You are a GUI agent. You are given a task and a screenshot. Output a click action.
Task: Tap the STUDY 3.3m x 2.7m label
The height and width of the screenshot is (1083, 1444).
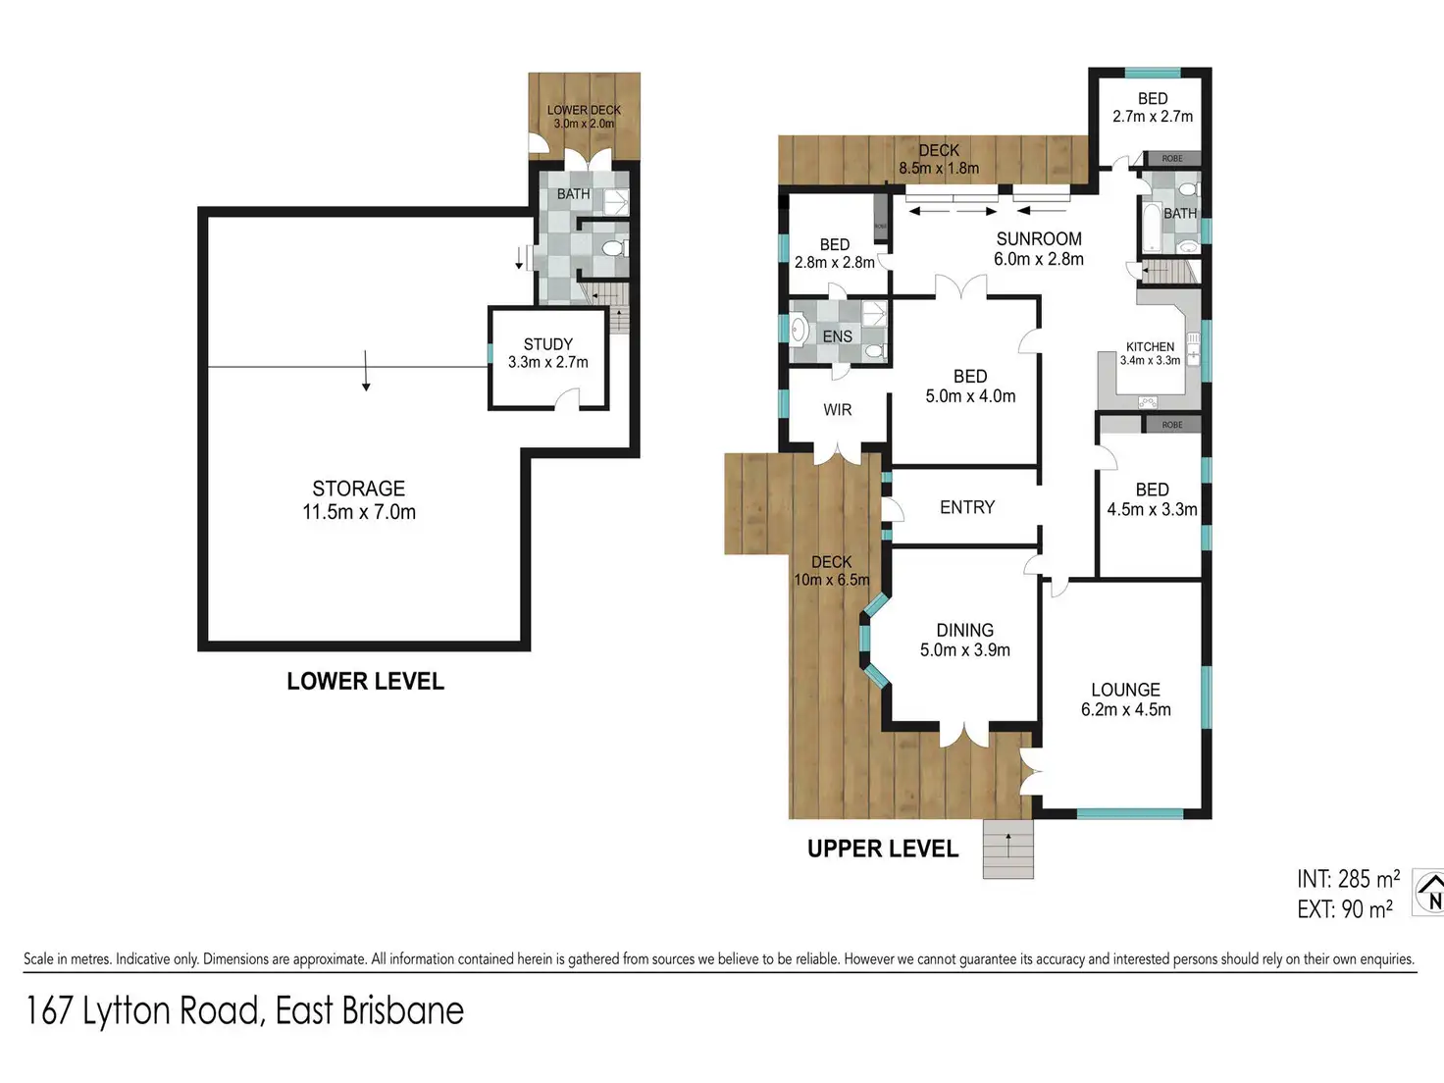(x=548, y=353)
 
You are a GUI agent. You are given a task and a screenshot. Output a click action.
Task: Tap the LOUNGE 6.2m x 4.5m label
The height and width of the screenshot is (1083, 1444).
(x=1125, y=699)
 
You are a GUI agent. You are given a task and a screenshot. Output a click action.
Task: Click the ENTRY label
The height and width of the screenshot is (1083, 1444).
(x=967, y=507)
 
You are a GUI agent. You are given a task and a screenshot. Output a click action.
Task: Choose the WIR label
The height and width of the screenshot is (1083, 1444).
(x=838, y=410)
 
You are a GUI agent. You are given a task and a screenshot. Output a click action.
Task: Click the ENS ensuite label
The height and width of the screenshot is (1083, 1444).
(x=838, y=336)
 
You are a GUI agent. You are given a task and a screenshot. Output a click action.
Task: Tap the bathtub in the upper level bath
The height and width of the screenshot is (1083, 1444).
(x=1151, y=229)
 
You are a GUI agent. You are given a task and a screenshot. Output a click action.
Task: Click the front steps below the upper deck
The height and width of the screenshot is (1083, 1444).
(x=1007, y=849)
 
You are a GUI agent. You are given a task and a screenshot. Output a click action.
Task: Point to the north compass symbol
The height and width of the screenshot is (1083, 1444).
(x=1429, y=893)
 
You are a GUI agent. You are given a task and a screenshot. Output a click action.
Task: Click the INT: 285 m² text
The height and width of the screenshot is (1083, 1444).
(x=1348, y=879)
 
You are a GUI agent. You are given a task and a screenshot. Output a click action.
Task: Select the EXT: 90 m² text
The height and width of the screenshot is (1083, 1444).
(x=1345, y=909)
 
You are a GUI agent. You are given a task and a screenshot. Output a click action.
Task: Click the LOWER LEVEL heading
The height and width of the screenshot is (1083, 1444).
(x=366, y=681)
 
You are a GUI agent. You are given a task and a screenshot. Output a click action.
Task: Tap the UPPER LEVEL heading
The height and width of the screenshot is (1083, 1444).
(x=883, y=849)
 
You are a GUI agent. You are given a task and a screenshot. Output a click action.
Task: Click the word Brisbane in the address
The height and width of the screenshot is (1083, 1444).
(x=402, y=1010)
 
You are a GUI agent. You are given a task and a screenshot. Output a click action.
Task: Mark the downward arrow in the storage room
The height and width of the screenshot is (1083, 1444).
(x=366, y=371)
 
